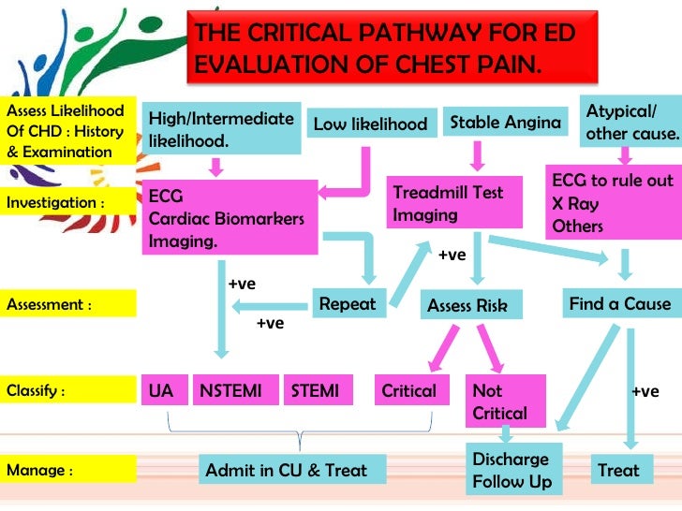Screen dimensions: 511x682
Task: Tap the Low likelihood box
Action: (370, 124)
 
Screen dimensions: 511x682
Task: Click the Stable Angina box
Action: (506, 123)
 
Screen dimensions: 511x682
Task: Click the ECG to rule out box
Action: (613, 203)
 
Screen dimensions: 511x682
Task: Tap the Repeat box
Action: (347, 303)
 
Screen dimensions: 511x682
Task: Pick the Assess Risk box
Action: (467, 305)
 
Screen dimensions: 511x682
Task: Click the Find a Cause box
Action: (619, 304)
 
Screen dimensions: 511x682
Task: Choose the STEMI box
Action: (316, 390)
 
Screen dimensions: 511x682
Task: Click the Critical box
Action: (409, 390)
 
